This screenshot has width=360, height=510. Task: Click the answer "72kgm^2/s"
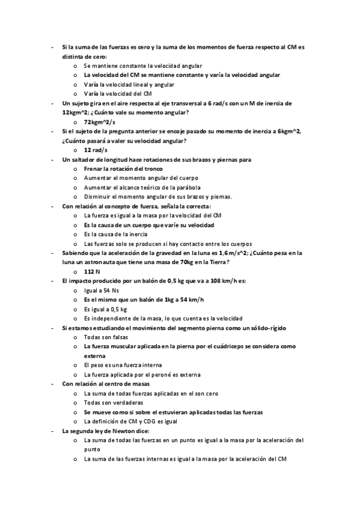click(x=100, y=121)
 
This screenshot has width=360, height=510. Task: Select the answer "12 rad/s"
click(x=96, y=150)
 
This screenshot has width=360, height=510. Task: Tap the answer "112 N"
click(x=93, y=272)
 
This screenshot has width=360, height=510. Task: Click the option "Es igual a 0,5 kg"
click(x=106, y=309)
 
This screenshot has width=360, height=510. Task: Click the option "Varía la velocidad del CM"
click(x=118, y=94)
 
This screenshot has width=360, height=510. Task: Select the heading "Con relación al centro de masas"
click(x=106, y=384)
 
